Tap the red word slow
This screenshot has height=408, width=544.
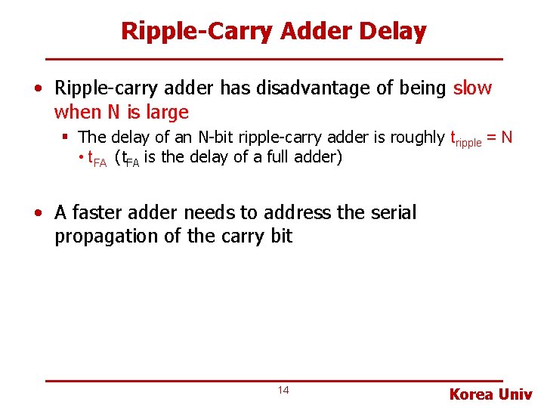tap(472, 88)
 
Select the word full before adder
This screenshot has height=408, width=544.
tap(274, 158)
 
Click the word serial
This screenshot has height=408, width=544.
tap(392, 213)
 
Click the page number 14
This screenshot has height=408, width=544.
tap(283, 390)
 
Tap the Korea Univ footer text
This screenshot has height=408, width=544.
tap(490, 394)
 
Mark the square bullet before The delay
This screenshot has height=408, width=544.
tap(66, 138)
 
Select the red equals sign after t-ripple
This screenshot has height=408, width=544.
tap(491, 138)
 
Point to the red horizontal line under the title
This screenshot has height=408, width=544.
tap(274, 59)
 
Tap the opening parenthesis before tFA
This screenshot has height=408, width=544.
tap(116, 158)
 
